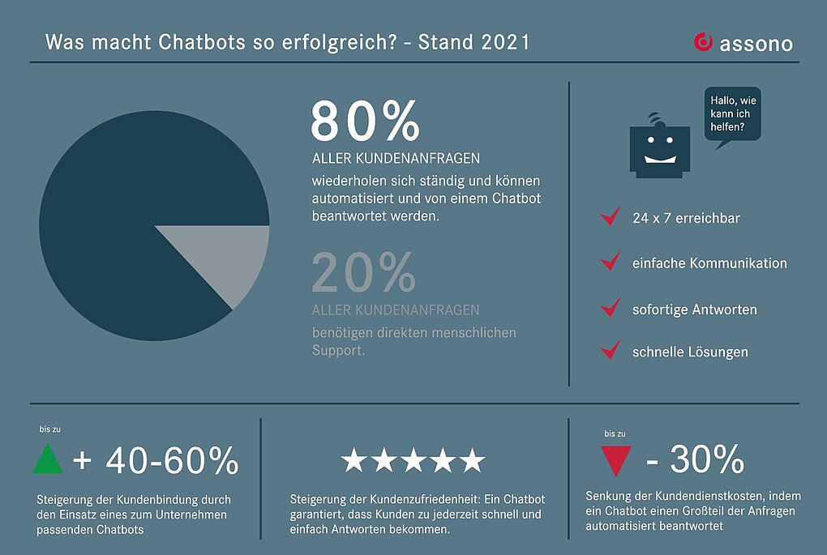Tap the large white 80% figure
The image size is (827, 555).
(x=365, y=122)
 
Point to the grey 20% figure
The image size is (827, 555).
(x=363, y=272)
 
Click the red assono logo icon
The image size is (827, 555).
(x=703, y=42)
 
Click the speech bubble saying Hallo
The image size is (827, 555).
(x=732, y=115)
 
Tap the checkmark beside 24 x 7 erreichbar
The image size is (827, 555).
(x=610, y=216)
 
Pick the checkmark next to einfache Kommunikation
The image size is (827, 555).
(x=610, y=262)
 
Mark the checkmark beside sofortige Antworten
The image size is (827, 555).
(x=610, y=308)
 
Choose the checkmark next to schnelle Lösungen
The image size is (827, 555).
(x=610, y=351)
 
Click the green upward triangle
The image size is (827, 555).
(x=48, y=459)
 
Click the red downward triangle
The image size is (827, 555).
(x=616, y=460)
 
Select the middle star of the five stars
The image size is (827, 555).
(x=413, y=461)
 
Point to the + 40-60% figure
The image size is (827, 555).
(x=156, y=461)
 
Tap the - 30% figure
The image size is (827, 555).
(x=696, y=460)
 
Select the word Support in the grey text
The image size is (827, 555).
(x=339, y=350)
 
